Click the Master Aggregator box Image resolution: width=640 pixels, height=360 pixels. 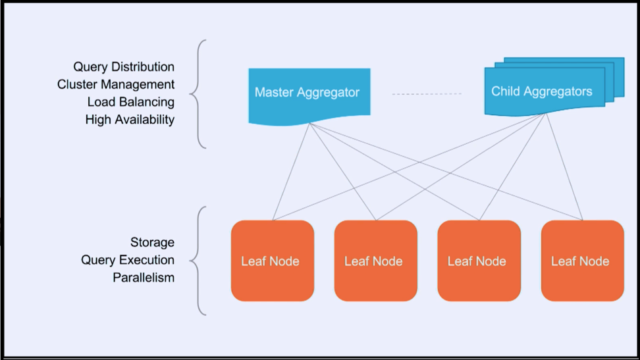pos(309,95)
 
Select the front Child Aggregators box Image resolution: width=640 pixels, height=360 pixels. pos(545,91)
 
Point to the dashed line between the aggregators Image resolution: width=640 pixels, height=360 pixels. pos(427,94)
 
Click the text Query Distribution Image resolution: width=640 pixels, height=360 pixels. pos(124,66)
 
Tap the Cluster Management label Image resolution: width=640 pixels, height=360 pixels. pos(115,84)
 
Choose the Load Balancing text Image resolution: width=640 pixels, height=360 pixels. pos(130,101)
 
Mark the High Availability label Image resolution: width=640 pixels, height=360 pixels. pos(130,119)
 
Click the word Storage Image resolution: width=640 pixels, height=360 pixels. pos(152,242)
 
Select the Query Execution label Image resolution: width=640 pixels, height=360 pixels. pos(127,259)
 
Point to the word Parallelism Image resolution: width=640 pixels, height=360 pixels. pos(144,277)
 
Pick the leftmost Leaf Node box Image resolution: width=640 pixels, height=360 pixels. pos(272,261)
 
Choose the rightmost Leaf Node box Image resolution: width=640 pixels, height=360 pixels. pos(583,261)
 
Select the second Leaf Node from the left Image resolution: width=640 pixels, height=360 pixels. pos(375,261)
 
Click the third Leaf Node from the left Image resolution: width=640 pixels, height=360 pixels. pos(479,261)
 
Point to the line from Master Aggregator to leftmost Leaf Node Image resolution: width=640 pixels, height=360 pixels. pos(291,172)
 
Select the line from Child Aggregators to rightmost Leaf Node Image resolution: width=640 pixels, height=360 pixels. pos(564,167)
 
